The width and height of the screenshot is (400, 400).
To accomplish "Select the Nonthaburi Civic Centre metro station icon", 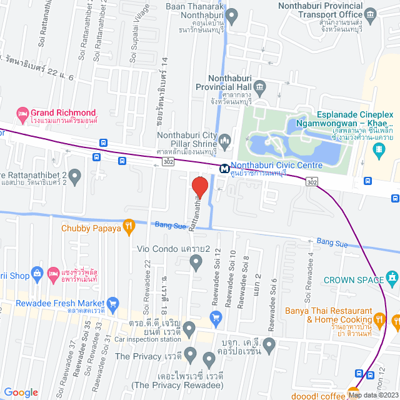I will coord(223,168).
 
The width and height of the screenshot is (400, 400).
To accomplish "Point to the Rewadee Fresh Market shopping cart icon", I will coord(112,304).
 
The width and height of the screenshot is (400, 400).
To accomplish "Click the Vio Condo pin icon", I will coord(196,264).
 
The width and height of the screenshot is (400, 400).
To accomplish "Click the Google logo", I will coord(21,392).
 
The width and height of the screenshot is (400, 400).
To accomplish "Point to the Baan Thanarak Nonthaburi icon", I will coord(232,14).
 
